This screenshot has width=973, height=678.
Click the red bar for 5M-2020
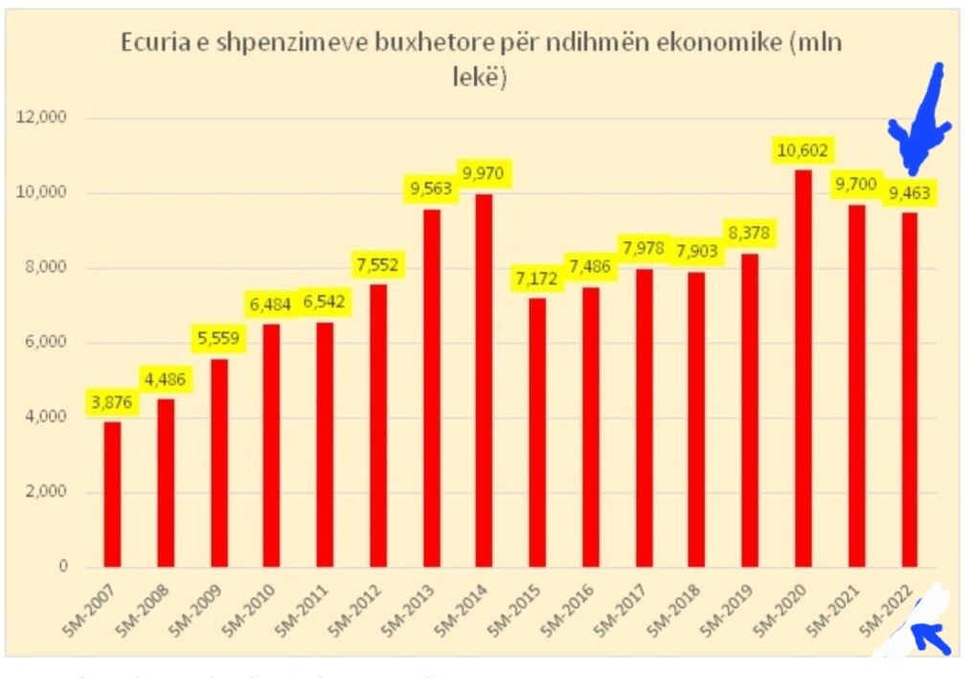pyautogui.click(x=803, y=369)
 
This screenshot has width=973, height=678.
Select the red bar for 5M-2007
pyautogui.click(x=112, y=494)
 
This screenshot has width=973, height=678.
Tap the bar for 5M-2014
pyautogui.click(x=484, y=380)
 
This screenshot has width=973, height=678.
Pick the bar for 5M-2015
pyautogui.click(x=537, y=432)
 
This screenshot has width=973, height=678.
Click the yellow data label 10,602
pyautogui.click(x=803, y=150)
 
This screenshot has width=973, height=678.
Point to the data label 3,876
pyautogui.click(x=113, y=401)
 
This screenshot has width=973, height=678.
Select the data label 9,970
pyautogui.click(x=484, y=174)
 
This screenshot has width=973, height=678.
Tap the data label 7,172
pyautogui.click(x=536, y=282)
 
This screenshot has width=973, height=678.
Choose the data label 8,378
pyautogui.click(x=749, y=233)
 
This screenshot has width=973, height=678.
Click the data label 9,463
pyautogui.click(x=909, y=192)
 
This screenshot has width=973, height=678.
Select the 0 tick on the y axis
pyautogui.click(x=63, y=567)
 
